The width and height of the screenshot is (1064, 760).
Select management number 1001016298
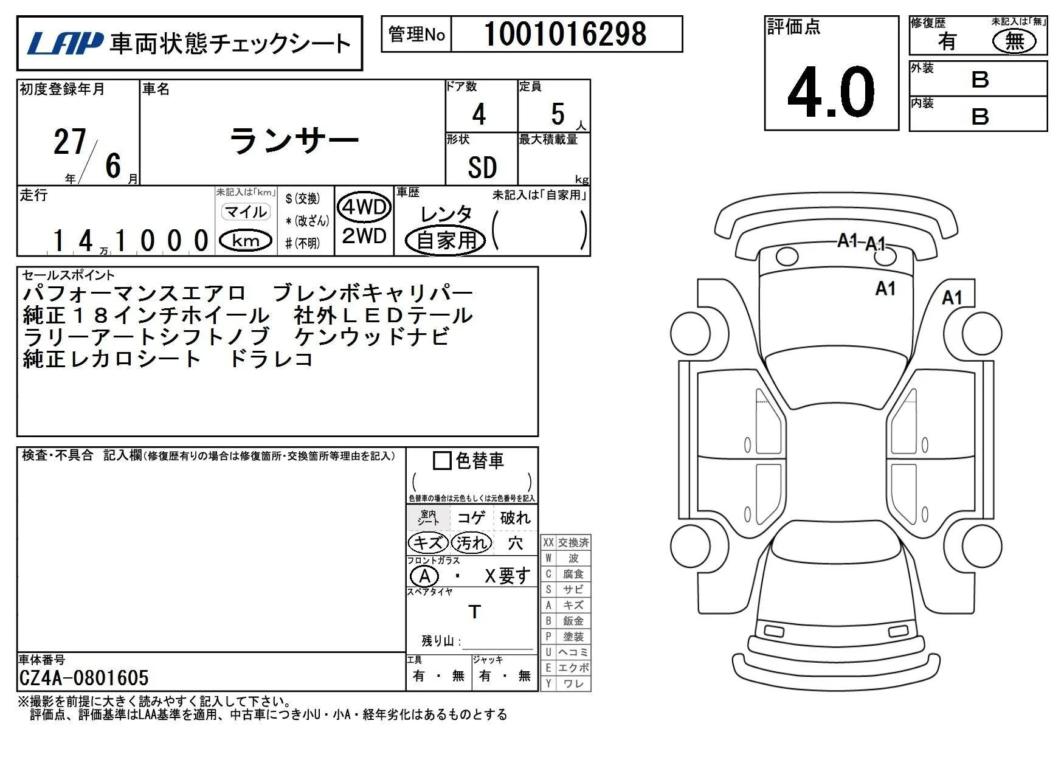point(565,34)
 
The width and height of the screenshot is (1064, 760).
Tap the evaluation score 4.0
point(831,92)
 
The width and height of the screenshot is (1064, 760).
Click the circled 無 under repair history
point(1014,41)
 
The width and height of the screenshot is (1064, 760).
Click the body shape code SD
point(483,168)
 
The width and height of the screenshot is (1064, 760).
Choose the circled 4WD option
point(364,207)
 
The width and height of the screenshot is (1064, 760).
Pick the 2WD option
point(364,236)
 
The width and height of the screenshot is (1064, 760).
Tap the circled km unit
point(246,241)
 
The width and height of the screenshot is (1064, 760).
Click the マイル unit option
point(246,212)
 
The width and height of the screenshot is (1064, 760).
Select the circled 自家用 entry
point(446,240)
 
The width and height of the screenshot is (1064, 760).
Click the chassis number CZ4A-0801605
point(84,678)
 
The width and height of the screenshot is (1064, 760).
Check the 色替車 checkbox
point(441,461)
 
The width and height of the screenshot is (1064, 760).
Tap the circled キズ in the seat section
point(428,542)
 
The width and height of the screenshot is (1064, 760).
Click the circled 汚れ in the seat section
point(472,542)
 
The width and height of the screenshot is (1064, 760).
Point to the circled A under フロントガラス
point(425,576)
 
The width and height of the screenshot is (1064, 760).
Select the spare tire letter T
point(475,612)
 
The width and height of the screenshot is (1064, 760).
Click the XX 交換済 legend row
point(566,542)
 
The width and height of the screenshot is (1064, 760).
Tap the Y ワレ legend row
point(566,683)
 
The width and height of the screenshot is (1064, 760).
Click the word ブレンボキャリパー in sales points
point(373,294)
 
